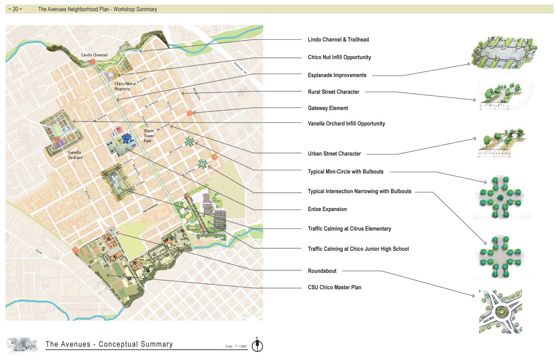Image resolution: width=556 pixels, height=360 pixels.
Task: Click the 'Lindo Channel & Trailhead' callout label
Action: pos(338,40)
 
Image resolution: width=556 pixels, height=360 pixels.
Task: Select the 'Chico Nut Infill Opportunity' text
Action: pos(339,57)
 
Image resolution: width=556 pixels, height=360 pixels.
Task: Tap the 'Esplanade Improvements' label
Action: pos(337,75)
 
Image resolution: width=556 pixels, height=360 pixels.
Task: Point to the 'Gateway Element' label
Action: pos(328,108)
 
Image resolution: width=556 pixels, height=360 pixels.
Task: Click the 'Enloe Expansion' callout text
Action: pos(327,209)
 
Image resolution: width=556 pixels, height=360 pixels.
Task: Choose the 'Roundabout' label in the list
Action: pos(322,271)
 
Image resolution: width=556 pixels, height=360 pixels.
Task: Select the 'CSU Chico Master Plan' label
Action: pos(335,288)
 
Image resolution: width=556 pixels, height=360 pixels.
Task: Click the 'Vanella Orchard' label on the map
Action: pos(75,155)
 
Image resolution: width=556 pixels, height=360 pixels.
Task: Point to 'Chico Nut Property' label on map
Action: pos(122,86)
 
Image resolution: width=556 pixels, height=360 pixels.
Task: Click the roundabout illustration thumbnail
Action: pos(500,311)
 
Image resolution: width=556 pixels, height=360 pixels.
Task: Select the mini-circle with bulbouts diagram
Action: pos(502,197)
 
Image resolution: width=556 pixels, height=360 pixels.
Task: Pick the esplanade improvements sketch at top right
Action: pos(504,52)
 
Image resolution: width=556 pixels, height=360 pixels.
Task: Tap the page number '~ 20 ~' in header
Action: pos(15,9)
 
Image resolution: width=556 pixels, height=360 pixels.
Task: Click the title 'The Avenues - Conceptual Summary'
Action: pos(109,344)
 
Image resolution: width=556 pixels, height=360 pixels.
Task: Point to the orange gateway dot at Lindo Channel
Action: pos(93,61)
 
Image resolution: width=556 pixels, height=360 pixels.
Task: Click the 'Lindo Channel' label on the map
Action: pos(94,55)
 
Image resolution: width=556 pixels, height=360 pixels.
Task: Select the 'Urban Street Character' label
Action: pos(334,154)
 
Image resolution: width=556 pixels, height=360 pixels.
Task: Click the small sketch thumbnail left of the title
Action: pos(22,344)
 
